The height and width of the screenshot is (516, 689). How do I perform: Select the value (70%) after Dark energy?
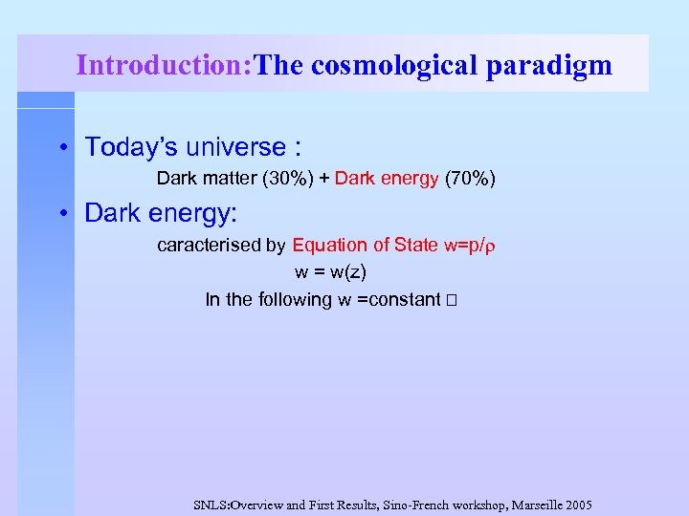click(470, 179)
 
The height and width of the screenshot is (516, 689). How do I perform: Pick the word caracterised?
click(209, 246)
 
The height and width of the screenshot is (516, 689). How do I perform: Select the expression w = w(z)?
click(330, 272)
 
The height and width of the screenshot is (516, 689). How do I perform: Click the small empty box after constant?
click(452, 301)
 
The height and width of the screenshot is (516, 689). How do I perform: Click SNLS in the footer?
click(211, 505)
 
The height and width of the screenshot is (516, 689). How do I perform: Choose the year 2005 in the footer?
click(577, 505)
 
